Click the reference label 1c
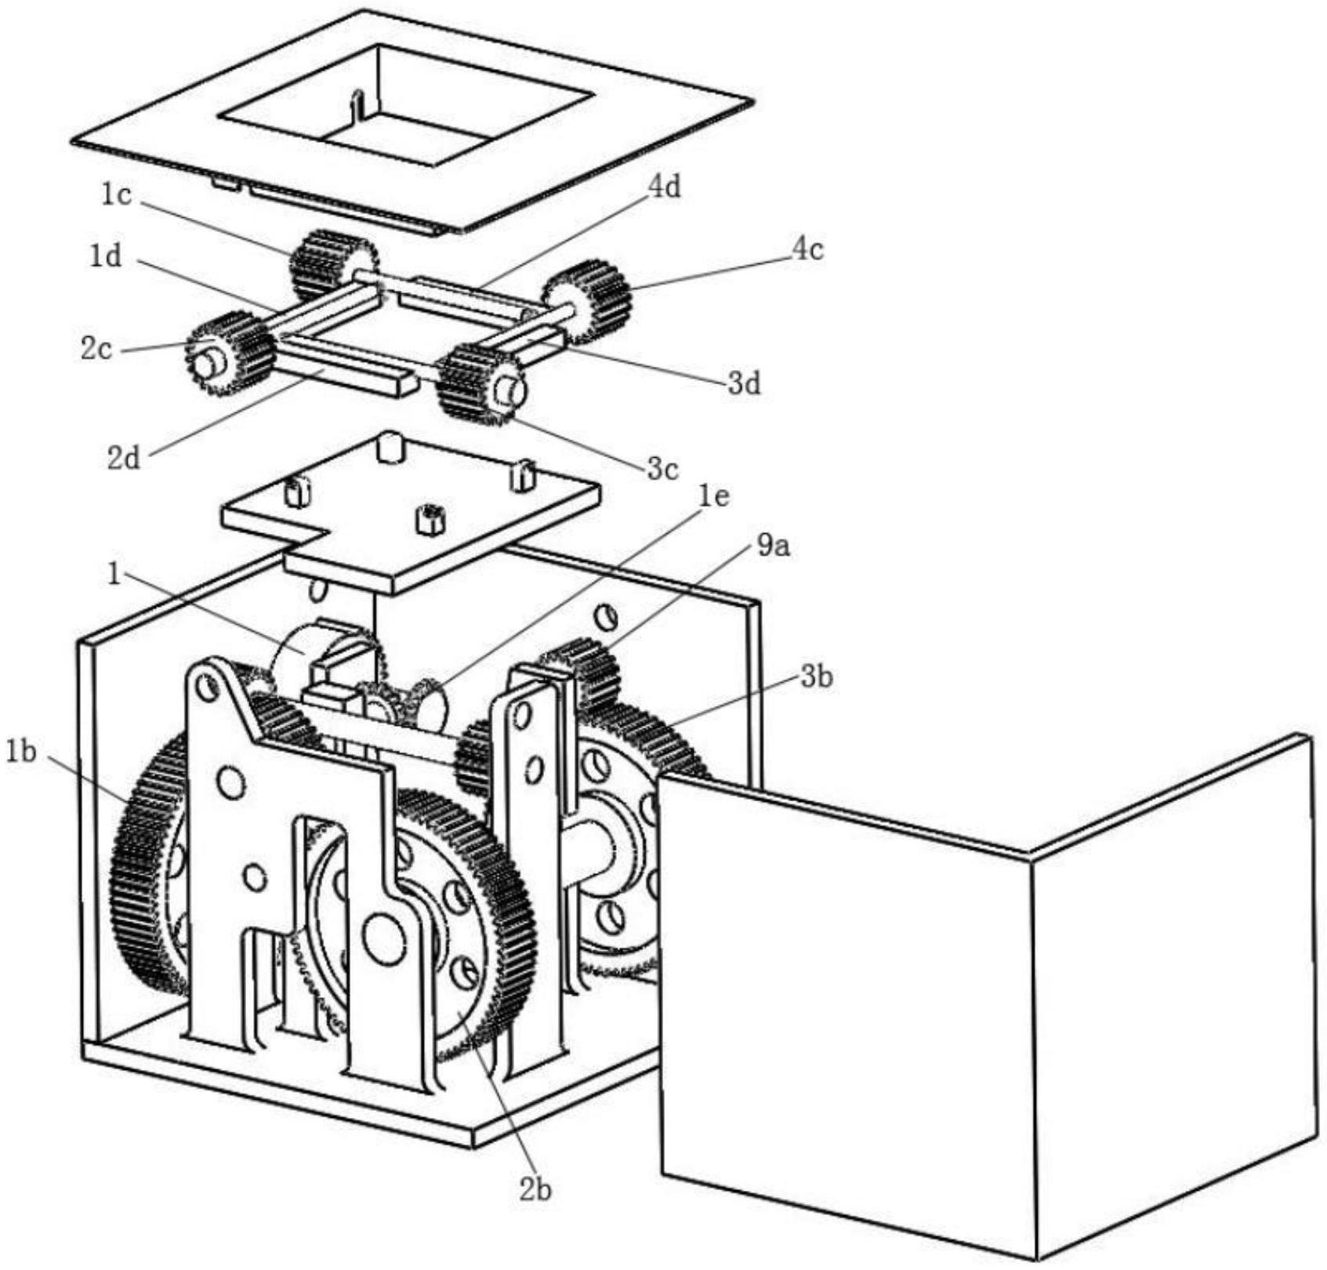click(116, 195)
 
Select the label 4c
click(807, 249)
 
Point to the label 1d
click(105, 256)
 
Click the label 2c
click(96, 350)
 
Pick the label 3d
click(744, 384)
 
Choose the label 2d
click(124, 458)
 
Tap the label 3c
click(662, 470)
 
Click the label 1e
click(713, 497)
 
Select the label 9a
click(773, 546)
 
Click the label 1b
click(21, 753)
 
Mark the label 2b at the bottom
click(535, 1189)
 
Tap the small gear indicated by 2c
click(227, 354)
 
